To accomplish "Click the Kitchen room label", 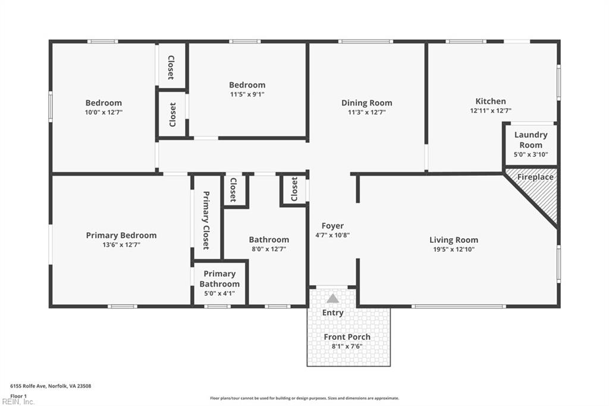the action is click(491, 101).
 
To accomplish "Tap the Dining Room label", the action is click(366, 103).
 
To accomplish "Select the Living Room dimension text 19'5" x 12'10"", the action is click(454, 249).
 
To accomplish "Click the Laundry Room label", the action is click(530, 140).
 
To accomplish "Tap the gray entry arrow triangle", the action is click(332, 298).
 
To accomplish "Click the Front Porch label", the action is click(347, 337).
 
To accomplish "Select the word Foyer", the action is click(332, 226).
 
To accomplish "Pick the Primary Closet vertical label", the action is click(206, 220).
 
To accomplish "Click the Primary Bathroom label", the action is click(219, 279).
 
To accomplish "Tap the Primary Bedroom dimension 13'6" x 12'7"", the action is click(121, 245).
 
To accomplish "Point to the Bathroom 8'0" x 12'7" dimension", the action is click(269, 249).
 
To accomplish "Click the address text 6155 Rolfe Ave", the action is click(29, 386).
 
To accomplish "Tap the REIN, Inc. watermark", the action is click(18, 402).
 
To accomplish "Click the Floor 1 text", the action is click(18, 396).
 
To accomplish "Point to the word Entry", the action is click(333, 313).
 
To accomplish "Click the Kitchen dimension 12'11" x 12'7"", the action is click(491, 111).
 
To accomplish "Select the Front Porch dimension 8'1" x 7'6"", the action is click(347, 346).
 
